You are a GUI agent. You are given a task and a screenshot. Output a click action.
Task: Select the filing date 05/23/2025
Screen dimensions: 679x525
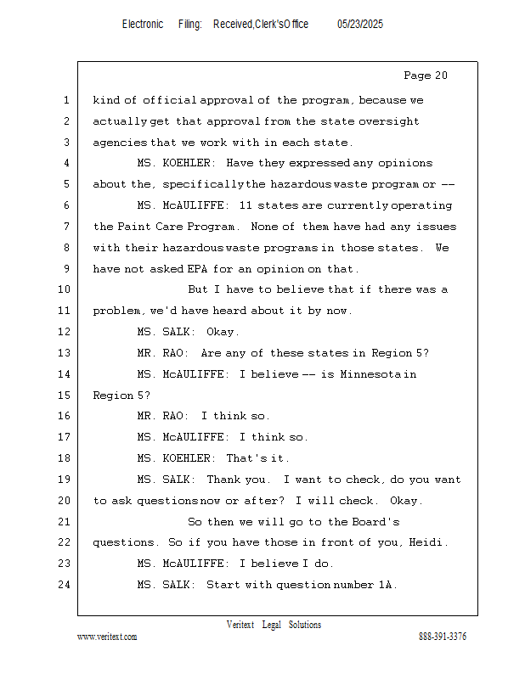pyautogui.click(x=360, y=25)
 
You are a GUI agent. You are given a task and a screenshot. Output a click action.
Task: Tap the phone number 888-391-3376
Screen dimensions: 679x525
pyautogui.click(x=443, y=637)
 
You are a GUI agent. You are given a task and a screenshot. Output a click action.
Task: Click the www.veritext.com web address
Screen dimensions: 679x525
pyautogui.click(x=107, y=637)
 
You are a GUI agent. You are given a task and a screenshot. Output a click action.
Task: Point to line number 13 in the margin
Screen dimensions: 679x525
pyautogui.click(x=65, y=353)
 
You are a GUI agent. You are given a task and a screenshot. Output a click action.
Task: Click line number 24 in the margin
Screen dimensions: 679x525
pyautogui.click(x=65, y=585)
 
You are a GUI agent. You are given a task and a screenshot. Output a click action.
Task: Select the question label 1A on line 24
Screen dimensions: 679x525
pyautogui.click(x=387, y=585)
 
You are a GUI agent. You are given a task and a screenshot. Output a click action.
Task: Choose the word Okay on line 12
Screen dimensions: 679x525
pyautogui.click(x=223, y=332)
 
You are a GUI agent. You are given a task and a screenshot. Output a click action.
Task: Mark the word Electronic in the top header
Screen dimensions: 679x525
pyautogui.click(x=143, y=25)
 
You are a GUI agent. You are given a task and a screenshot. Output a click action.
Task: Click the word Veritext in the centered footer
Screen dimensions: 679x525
pyautogui.click(x=240, y=625)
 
